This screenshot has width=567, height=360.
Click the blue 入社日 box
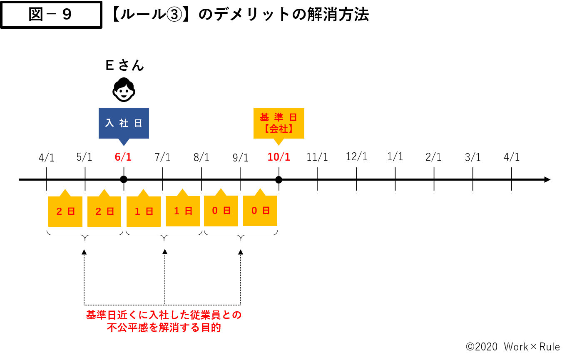click(124, 123)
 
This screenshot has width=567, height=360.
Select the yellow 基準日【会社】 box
click(279, 123)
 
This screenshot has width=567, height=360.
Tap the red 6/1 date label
click(123, 157)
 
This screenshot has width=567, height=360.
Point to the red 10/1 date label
click(279, 157)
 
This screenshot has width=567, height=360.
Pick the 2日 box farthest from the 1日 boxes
click(65, 211)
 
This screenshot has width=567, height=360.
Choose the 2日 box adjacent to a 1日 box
click(104, 211)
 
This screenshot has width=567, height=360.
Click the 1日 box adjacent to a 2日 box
click(144, 211)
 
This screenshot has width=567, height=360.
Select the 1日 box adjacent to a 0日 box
click(183, 211)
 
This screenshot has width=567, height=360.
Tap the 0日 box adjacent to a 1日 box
click(221, 211)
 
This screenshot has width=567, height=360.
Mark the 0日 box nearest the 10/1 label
click(260, 211)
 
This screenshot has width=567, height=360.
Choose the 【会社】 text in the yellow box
click(279, 129)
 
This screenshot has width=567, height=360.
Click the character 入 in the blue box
click(109, 123)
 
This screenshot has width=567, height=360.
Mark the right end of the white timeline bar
click(550, 180)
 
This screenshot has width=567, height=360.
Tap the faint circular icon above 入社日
click(124, 89)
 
